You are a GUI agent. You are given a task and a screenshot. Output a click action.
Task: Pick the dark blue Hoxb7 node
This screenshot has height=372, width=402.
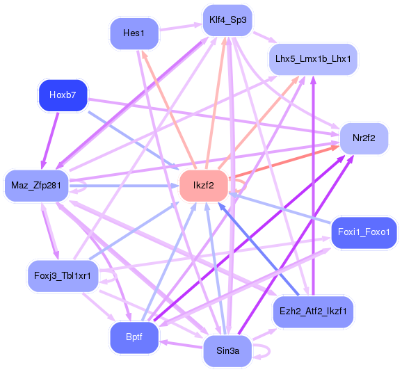(x=62, y=95)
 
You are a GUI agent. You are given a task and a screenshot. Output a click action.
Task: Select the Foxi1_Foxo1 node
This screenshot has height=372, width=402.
(x=364, y=231)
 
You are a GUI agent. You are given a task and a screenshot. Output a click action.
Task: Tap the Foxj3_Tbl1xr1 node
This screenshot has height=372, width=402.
(x=62, y=275)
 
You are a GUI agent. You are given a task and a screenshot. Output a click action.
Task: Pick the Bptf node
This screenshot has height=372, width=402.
(x=134, y=337)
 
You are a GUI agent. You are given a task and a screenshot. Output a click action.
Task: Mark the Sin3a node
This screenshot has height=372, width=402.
(x=227, y=352)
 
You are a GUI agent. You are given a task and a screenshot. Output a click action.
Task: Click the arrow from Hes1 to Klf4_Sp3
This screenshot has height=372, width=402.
(x=181, y=28)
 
